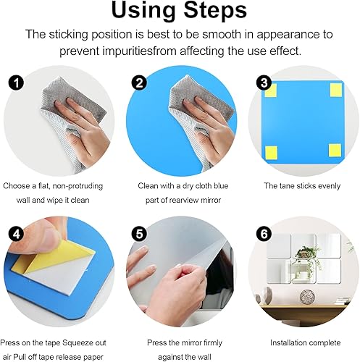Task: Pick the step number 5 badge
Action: tap(138, 234)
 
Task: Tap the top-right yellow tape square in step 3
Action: tap(335, 90)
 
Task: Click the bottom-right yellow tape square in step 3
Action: tap(335, 151)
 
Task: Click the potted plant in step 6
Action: tap(309, 253)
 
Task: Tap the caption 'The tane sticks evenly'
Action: tap(303, 186)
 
